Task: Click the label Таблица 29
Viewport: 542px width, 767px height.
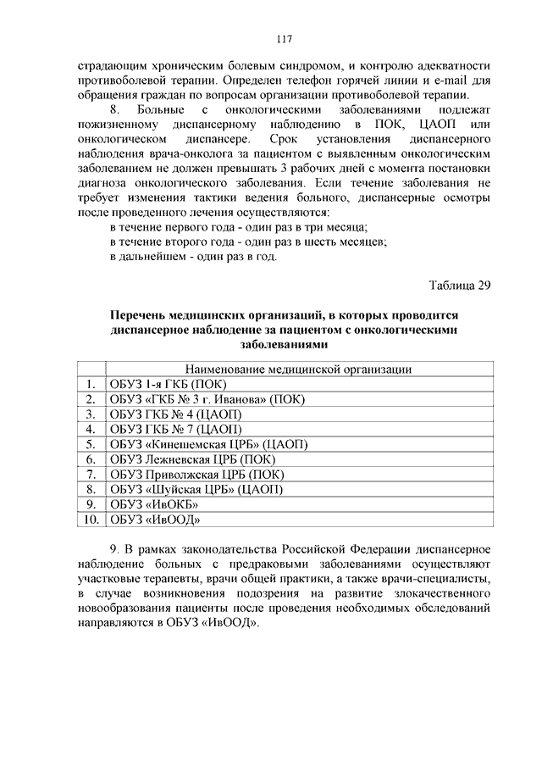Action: pyautogui.click(x=460, y=284)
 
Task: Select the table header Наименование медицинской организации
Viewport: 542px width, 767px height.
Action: pyautogui.click(x=297, y=369)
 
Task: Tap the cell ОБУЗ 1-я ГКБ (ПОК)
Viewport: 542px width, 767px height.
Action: pyautogui.click(x=168, y=384)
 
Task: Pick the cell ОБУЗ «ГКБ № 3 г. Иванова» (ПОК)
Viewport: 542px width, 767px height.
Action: pyautogui.click(x=207, y=399)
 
